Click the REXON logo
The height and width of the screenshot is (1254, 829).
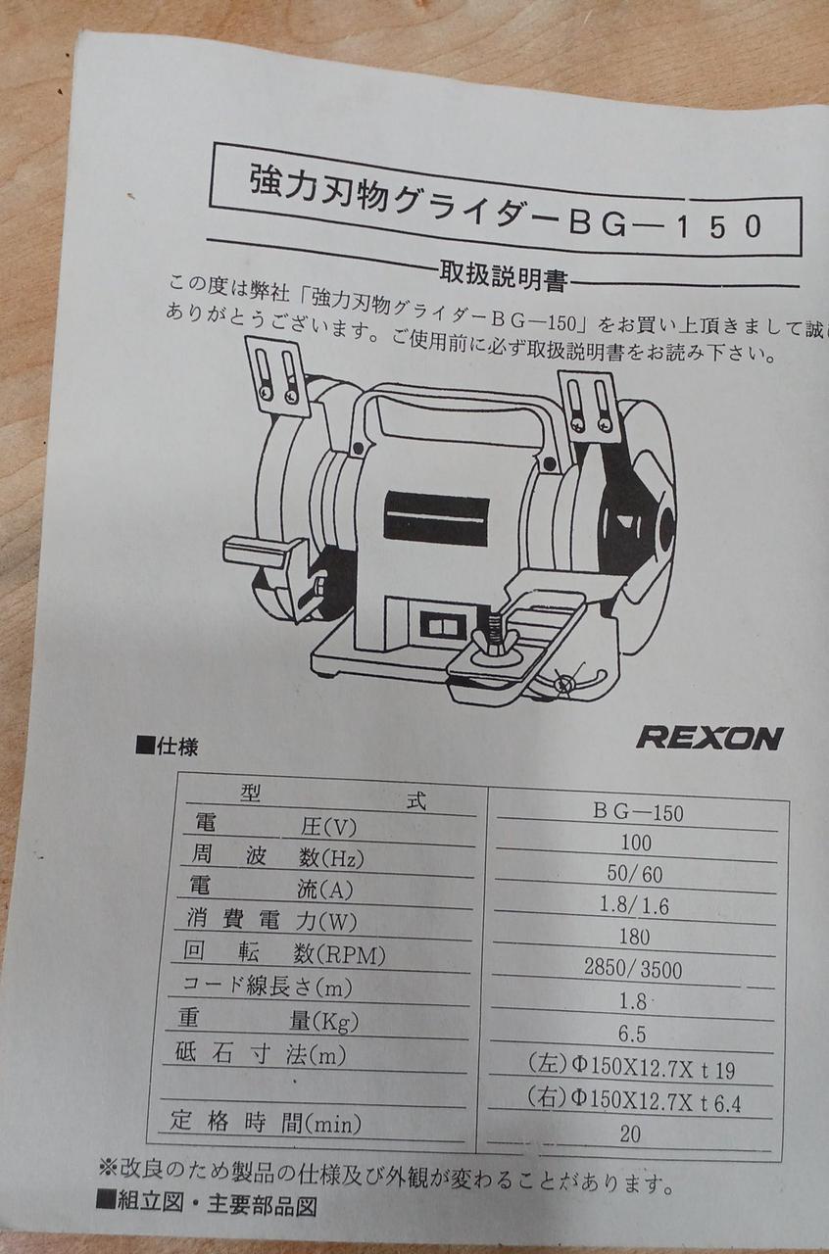(x=709, y=738)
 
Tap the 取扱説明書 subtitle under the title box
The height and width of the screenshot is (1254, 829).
(x=502, y=277)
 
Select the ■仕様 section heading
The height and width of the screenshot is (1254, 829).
(x=167, y=747)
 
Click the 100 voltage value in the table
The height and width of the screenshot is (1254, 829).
(x=636, y=844)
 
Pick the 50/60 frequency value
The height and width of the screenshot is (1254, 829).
(x=635, y=874)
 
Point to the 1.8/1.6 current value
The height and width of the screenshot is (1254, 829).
(x=634, y=906)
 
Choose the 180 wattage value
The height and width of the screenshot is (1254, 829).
(x=634, y=938)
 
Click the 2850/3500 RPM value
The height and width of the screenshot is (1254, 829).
(x=633, y=970)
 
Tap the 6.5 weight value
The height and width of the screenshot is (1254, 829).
(x=632, y=1035)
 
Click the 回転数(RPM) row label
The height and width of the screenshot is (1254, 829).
(x=284, y=954)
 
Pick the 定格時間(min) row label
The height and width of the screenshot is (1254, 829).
(x=267, y=1120)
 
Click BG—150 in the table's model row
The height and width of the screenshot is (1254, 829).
(x=639, y=812)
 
